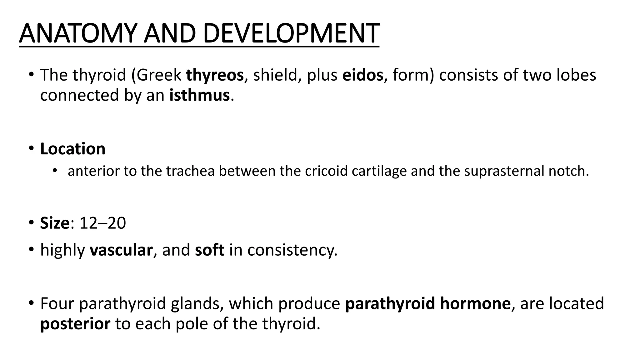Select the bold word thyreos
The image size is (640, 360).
tap(215, 75)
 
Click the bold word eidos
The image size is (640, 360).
tap(362, 75)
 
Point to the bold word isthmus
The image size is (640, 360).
tap(200, 95)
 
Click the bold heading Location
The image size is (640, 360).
tap(73, 149)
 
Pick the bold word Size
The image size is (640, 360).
tap(54, 223)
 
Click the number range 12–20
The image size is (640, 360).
tap(103, 223)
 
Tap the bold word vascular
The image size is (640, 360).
tap(121, 250)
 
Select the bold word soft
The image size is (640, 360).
tap(209, 250)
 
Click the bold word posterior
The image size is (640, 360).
tap(75, 324)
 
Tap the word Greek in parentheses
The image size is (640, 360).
tap(158, 75)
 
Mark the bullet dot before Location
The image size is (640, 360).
tap(31, 148)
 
